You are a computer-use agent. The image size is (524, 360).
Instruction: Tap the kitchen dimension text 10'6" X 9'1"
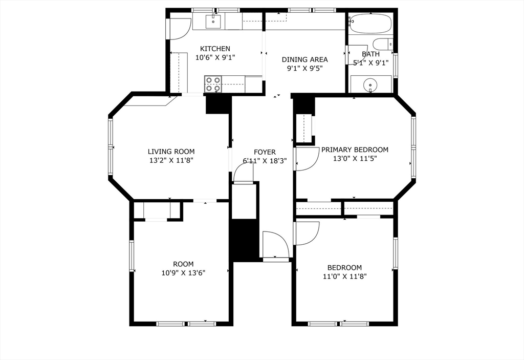(x=215, y=58)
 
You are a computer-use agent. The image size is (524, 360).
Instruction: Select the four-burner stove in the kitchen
(x=213, y=84)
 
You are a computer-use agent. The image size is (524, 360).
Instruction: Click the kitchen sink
(x=213, y=22)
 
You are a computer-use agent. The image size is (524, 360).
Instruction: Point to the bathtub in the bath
(x=370, y=24)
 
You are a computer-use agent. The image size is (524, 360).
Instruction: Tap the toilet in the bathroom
(x=382, y=44)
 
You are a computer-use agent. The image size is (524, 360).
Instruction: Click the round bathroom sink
(x=370, y=84)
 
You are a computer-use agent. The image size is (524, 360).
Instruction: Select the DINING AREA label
(x=305, y=59)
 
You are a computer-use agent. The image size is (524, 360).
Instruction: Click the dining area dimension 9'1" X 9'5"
(x=305, y=68)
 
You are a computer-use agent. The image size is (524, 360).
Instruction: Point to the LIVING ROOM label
(x=171, y=152)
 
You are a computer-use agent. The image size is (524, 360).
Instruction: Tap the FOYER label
(x=265, y=152)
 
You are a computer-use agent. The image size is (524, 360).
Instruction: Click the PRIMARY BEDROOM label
(x=355, y=150)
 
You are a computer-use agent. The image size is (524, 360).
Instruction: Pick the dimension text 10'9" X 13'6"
(x=183, y=273)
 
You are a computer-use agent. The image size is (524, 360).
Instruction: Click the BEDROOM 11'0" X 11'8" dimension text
(x=344, y=276)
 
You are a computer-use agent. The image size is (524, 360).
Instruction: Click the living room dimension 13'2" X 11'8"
(x=171, y=160)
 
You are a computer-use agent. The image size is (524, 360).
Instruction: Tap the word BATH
(x=371, y=54)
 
